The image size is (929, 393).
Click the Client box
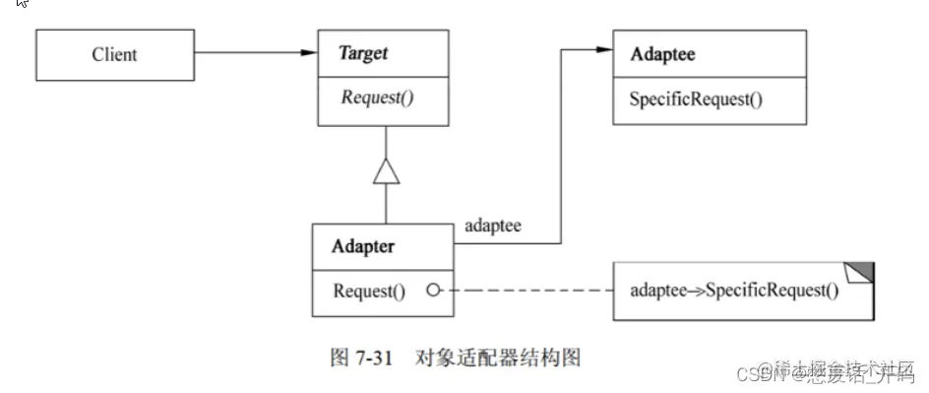point(114,55)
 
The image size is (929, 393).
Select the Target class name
point(363,54)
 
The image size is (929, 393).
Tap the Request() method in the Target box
point(378,98)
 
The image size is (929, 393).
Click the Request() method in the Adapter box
point(369,291)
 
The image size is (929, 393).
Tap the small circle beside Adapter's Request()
point(430,291)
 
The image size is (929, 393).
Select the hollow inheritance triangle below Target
point(385,171)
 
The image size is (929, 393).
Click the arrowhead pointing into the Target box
point(308,53)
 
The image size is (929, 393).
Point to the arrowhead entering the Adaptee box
point(603,53)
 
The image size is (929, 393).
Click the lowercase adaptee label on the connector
point(492,227)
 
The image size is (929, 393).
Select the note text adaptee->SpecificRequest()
point(734,292)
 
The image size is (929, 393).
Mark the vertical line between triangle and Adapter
point(385,205)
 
